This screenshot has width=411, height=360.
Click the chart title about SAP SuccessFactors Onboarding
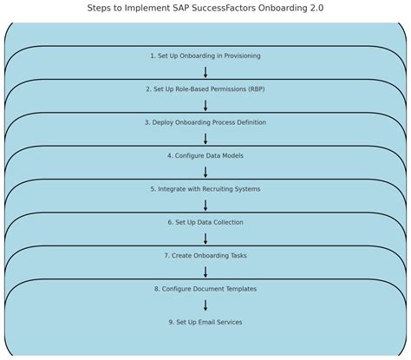coord(205,8)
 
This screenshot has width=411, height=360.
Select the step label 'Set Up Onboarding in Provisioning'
coord(205,56)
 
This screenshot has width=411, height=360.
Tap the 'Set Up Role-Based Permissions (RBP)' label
coord(205,89)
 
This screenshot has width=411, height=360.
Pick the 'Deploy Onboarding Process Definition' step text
coord(205,122)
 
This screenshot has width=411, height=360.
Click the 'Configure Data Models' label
coord(205,156)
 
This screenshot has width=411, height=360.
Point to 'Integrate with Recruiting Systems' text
coord(205,189)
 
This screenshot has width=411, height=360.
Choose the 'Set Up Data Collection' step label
coord(205,222)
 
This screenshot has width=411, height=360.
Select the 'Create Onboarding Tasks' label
coord(205,256)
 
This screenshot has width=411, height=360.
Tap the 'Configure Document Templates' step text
coord(205,289)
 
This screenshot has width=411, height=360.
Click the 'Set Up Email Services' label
coord(205,322)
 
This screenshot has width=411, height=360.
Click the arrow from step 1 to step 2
coord(205,72)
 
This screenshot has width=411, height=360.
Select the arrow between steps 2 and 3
coord(205,106)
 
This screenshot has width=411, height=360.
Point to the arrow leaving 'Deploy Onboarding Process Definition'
coord(205,139)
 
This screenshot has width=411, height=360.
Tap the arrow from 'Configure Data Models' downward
coord(205,172)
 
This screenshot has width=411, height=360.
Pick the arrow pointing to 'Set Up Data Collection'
coord(205,206)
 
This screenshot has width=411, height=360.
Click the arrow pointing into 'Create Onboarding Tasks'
coord(205,239)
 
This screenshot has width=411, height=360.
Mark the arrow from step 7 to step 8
coord(205,272)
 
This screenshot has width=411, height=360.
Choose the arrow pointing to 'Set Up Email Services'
coord(205,305)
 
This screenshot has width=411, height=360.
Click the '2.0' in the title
coord(314,8)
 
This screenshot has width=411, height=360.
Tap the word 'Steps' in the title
coord(102,8)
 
